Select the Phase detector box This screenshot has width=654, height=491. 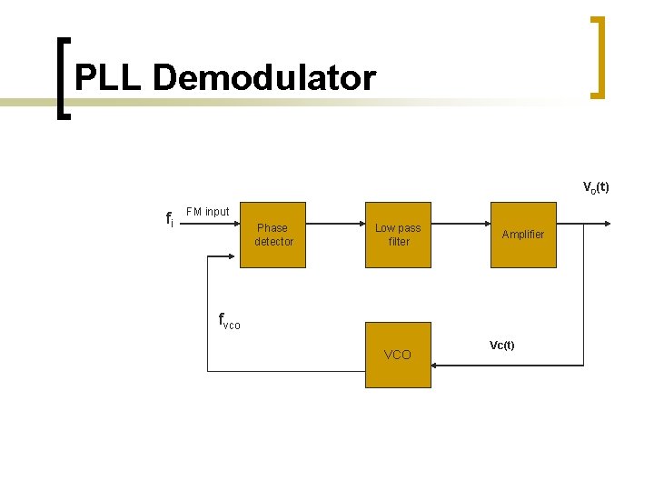point(272,235)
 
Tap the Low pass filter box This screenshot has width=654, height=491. point(398,235)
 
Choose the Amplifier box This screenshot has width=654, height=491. point(523,235)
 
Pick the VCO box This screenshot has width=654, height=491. point(398,355)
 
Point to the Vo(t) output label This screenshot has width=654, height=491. point(595,188)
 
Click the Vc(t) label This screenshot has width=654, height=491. point(501,346)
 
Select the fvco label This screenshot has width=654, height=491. point(229,320)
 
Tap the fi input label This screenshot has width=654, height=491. point(169,219)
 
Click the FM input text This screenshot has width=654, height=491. point(207,212)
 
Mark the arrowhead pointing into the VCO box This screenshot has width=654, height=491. point(436,365)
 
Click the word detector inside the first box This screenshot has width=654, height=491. point(273,242)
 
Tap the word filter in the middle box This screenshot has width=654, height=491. point(399,242)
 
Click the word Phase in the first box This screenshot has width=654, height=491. point(272,228)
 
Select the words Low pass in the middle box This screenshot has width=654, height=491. point(398,228)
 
